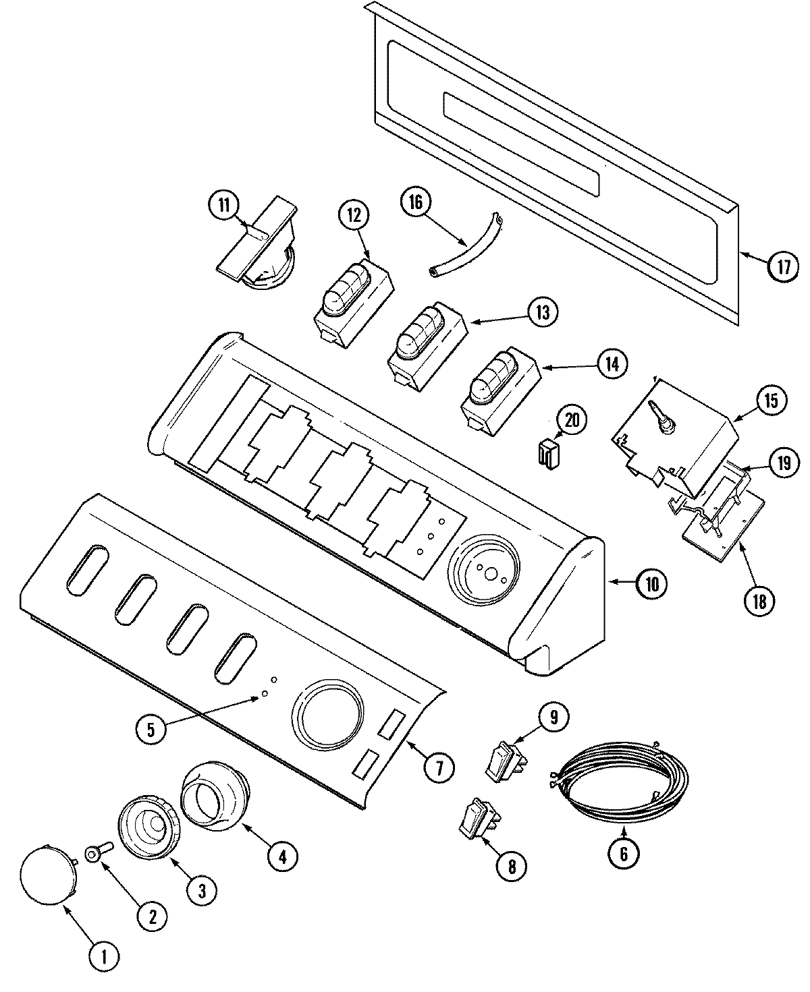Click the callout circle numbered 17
click(x=782, y=266)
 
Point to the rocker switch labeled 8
click(x=478, y=821)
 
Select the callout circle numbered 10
click(x=651, y=584)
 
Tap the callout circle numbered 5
click(x=153, y=729)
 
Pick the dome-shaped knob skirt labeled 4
click(x=216, y=796)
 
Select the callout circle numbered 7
click(x=439, y=767)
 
